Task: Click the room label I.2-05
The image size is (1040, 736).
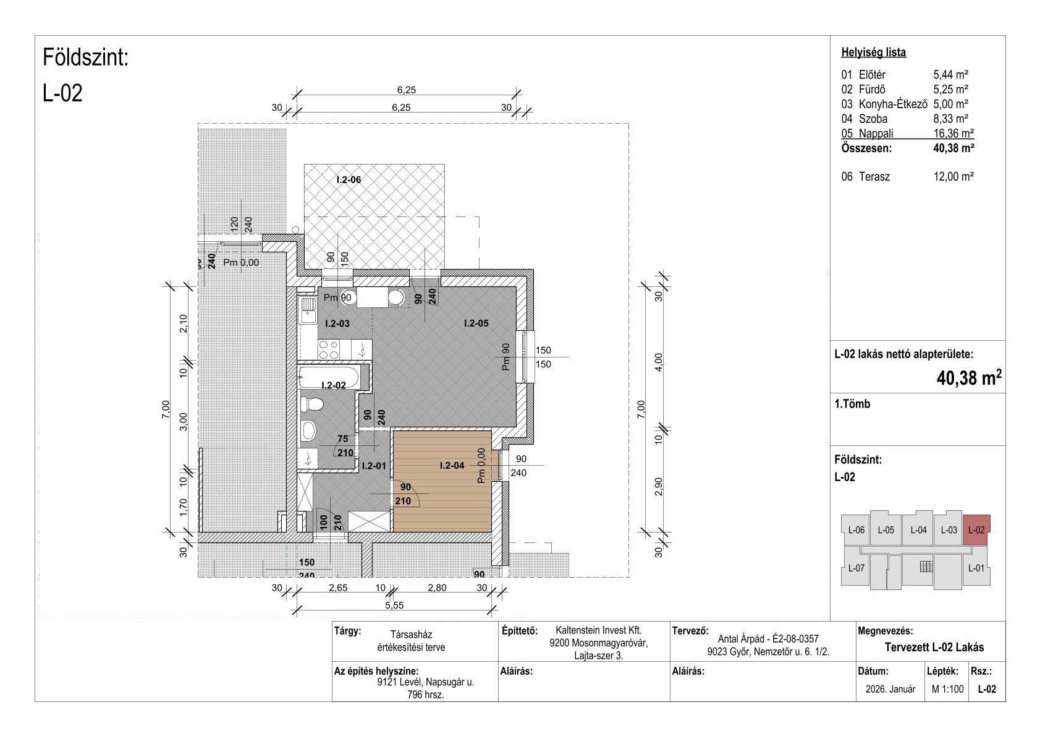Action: pos(476,323)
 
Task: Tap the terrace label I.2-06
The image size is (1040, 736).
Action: pos(349,180)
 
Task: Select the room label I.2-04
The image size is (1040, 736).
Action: pos(452,465)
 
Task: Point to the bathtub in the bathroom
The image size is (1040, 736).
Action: pos(329,377)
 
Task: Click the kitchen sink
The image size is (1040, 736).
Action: pos(308,310)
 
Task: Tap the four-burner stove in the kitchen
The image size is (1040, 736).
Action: pos(329,349)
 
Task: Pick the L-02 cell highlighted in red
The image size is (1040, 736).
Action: pos(976,529)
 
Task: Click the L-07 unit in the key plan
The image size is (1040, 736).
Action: pos(856,568)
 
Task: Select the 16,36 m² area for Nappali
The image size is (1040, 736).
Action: pos(953,134)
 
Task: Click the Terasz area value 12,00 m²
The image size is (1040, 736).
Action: pos(953,176)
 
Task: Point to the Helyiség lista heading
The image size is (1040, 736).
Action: pos(873,53)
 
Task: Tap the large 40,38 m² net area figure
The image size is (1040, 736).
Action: pos(969,379)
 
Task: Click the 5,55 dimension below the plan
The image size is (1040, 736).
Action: pos(394,605)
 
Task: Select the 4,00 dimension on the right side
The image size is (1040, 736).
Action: pos(658,362)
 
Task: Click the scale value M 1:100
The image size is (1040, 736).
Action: pos(947,689)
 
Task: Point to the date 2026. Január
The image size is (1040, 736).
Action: pos(890,689)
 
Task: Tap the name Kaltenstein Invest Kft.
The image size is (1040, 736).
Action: pos(598,630)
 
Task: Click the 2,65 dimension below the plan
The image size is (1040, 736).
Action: pos(338,588)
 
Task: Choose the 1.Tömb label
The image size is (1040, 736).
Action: pos(852,404)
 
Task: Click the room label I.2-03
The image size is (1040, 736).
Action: pos(337,323)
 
